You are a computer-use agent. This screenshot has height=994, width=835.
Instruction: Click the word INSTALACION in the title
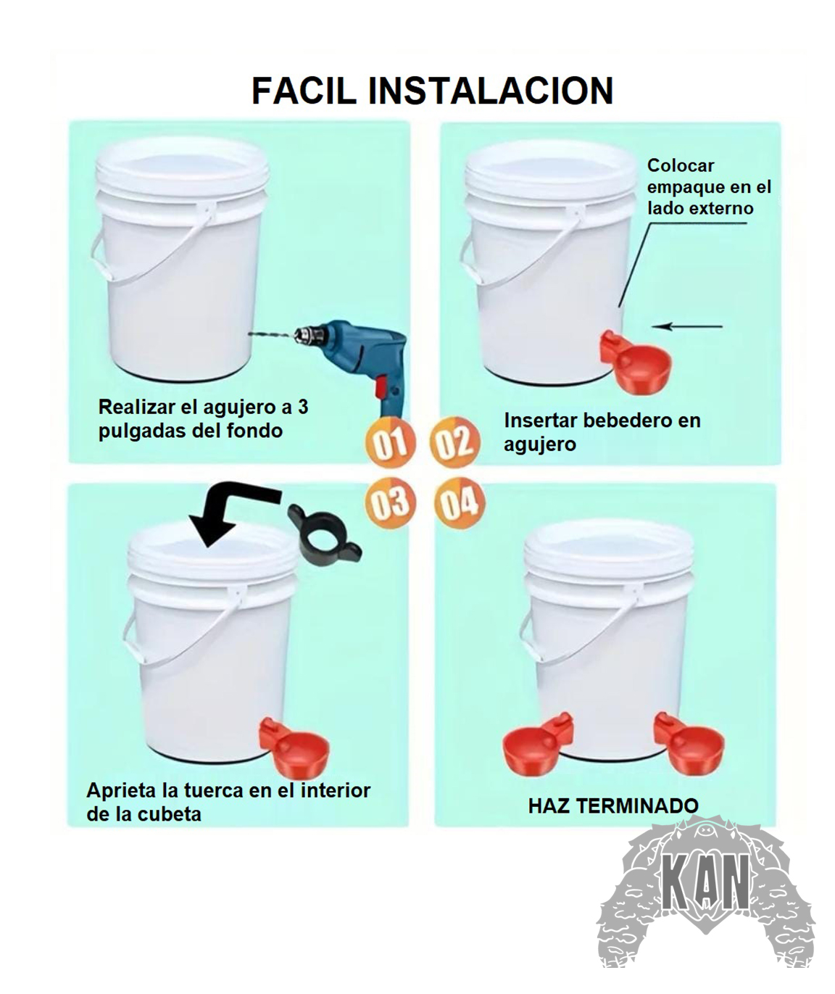click(x=491, y=91)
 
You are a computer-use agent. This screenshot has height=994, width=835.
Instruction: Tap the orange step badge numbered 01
click(x=390, y=442)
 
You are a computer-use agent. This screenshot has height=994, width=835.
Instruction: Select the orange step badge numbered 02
click(x=454, y=442)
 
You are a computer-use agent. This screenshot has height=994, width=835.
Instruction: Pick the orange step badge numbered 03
click(x=390, y=502)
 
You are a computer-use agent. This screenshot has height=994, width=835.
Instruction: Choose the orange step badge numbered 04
click(x=459, y=502)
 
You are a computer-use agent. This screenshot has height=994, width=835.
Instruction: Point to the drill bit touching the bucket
click(x=271, y=334)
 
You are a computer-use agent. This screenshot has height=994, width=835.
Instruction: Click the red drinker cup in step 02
click(x=635, y=360)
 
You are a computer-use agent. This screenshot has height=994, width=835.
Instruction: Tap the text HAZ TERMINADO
click(x=613, y=805)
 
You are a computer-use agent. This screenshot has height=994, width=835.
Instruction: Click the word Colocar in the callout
click(x=681, y=166)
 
